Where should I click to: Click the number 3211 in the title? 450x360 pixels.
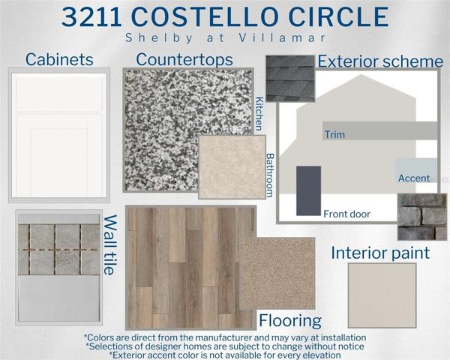91,17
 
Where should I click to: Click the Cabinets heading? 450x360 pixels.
59,59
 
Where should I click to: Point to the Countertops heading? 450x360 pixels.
184,60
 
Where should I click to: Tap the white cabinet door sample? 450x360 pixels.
59,135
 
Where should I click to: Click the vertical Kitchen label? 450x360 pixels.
259,114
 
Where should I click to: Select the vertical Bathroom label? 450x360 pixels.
270,175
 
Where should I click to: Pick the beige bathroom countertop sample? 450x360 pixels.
232,166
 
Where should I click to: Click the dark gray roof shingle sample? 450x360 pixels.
290,79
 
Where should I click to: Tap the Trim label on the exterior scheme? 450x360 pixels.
334,134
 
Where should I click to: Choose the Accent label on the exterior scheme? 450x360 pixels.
414,178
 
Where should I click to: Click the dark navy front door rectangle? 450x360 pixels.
308,190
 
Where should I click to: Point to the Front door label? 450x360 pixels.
346,214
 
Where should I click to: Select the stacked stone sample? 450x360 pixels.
422,217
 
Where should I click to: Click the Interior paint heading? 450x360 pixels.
380,253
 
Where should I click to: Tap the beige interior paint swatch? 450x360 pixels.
382,295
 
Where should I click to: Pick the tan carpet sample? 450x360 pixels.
277,273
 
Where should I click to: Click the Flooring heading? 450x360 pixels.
290,320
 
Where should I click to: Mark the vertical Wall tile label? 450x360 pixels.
109,245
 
